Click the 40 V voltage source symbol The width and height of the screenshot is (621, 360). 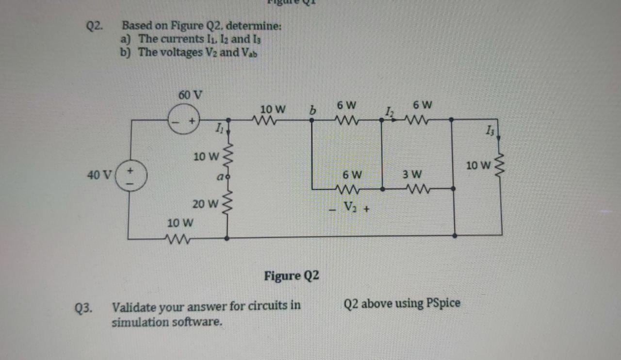[130, 176]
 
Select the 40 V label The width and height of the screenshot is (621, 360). [99, 175]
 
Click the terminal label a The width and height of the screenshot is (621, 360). [219, 178]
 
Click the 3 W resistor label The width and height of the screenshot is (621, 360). [412, 174]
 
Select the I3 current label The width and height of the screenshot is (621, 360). [488, 131]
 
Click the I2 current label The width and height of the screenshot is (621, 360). [389, 113]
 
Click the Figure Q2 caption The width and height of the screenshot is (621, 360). [292, 276]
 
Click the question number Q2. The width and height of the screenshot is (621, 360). [94, 27]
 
